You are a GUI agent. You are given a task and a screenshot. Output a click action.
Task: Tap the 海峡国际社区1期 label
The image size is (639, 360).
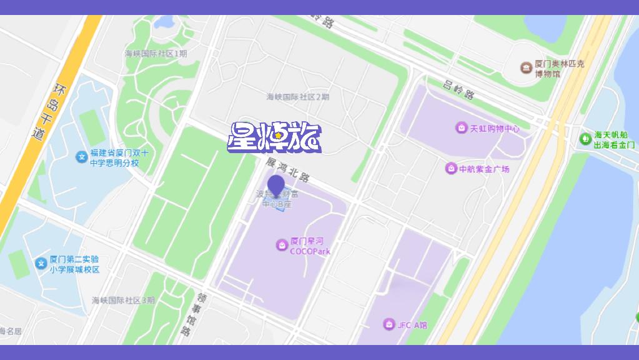coord(156,54)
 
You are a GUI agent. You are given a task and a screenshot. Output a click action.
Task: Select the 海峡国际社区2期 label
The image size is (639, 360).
coord(298,97)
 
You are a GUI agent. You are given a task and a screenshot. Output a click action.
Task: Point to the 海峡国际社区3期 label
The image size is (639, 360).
coord(123,300)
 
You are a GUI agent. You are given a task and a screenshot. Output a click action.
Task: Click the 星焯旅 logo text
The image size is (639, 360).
coord(274,137)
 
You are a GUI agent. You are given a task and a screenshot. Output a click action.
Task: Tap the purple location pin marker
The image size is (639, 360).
coord(276,186)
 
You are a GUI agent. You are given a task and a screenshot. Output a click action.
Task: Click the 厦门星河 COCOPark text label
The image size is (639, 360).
coord(310,246)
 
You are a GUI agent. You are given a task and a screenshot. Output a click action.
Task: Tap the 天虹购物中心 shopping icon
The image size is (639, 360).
coord(461,128)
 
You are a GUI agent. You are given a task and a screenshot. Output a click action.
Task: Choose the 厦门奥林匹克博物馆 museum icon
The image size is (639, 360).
coord(527,67)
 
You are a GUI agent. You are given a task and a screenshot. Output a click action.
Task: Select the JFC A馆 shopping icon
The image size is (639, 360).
coord(389,324)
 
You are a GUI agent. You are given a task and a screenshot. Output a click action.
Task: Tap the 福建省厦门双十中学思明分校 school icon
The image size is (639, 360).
coord(81,157)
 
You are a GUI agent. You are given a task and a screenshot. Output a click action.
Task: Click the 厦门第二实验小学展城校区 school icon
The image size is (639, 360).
coord(41,263)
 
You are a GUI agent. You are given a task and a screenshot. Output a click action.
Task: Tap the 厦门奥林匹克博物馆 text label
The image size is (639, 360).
coord(560,69)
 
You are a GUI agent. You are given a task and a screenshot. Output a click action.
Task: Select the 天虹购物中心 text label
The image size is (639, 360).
coord(495,129)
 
